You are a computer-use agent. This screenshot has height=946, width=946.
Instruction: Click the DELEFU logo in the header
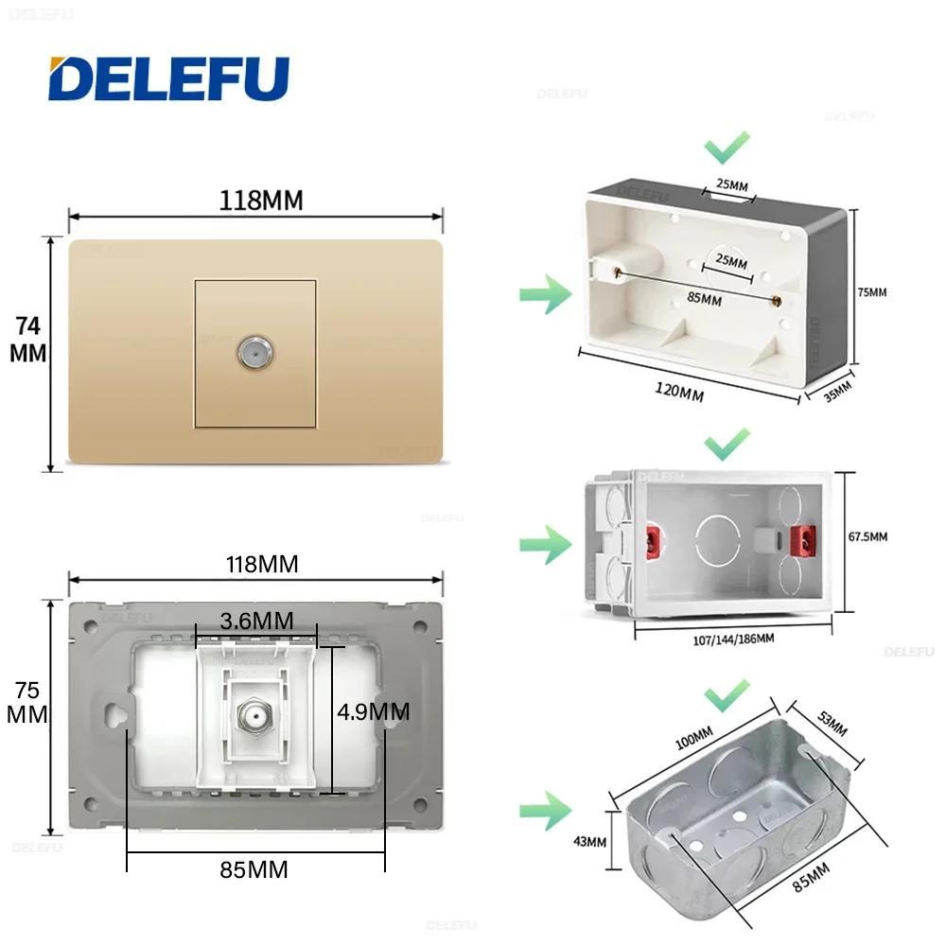click(168, 79)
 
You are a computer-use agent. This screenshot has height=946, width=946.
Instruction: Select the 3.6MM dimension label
click(255, 621)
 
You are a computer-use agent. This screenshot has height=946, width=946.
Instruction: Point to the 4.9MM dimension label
click(375, 710)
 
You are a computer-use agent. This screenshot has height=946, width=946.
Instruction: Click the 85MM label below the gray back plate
click(254, 868)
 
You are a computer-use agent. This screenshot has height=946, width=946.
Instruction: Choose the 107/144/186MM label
click(727, 639)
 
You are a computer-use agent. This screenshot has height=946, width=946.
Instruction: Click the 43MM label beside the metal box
click(590, 841)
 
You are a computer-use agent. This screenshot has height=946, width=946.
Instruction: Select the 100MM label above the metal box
click(696, 737)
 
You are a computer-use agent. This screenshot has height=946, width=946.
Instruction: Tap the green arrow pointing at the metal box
click(545, 811)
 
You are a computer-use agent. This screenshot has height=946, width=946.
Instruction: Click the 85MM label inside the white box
click(705, 300)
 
